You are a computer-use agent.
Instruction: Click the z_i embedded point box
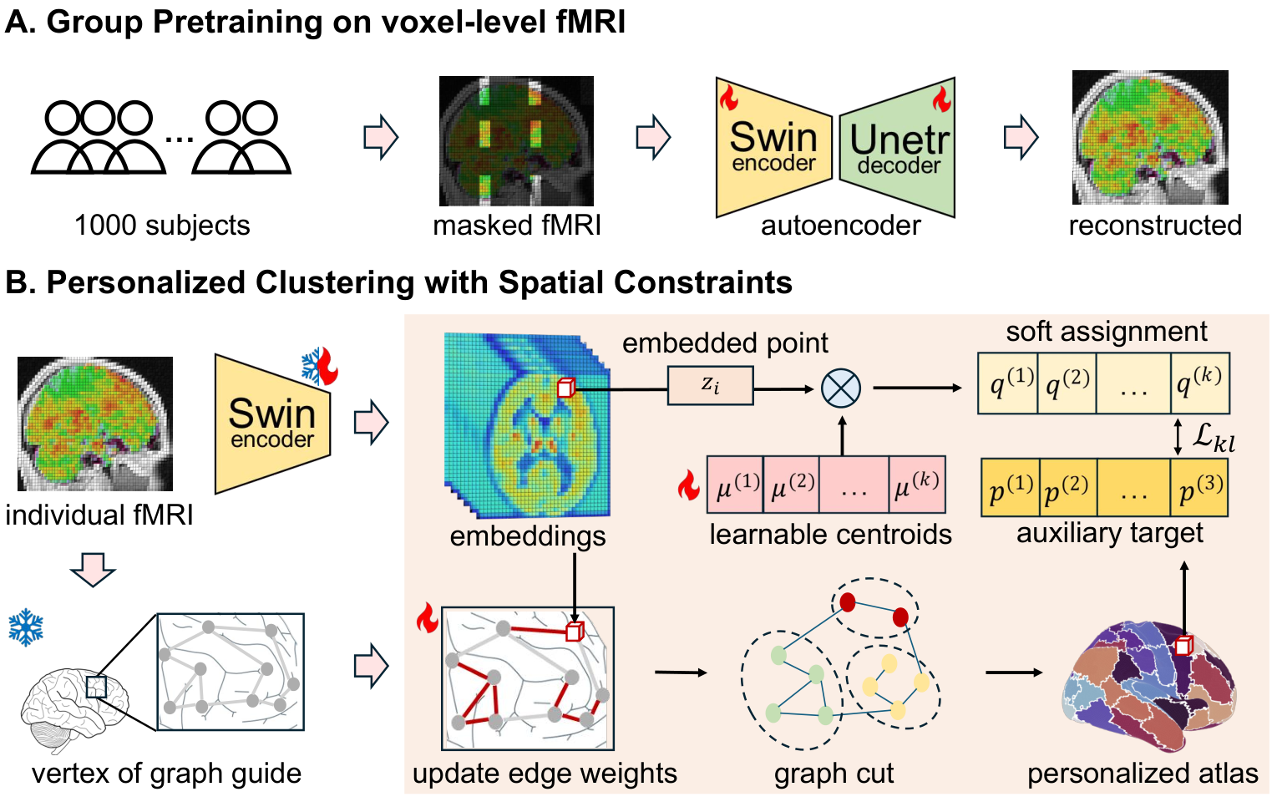pos(711,386)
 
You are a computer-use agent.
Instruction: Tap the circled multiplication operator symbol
pos(841,388)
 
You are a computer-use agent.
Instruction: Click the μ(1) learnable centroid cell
pos(735,485)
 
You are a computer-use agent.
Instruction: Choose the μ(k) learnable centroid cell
pos(917,485)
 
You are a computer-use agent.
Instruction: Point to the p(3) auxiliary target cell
pos(1198,488)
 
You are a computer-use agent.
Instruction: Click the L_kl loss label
pos(1214,439)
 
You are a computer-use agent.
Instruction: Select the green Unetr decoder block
pos(897,148)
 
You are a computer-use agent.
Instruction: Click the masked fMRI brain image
pos(516,141)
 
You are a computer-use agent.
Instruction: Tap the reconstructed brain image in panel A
pos(1150,138)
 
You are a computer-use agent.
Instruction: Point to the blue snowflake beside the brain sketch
pos(26,627)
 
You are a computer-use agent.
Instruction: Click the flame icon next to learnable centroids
pos(689,485)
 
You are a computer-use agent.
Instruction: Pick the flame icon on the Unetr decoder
pos(941,99)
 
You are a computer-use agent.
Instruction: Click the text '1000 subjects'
pos(162,226)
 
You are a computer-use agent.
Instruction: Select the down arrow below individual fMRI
pos(93,569)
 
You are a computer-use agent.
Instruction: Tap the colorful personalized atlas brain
pos(1148,687)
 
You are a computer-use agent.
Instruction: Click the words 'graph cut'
pos(834,774)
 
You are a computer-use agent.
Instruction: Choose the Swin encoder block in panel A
pos(773,148)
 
